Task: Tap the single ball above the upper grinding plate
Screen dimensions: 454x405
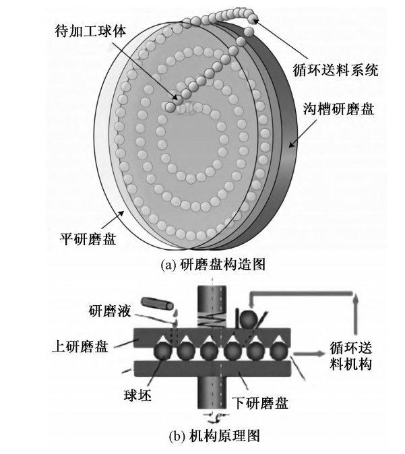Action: pyautogui.click(x=245, y=317)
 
